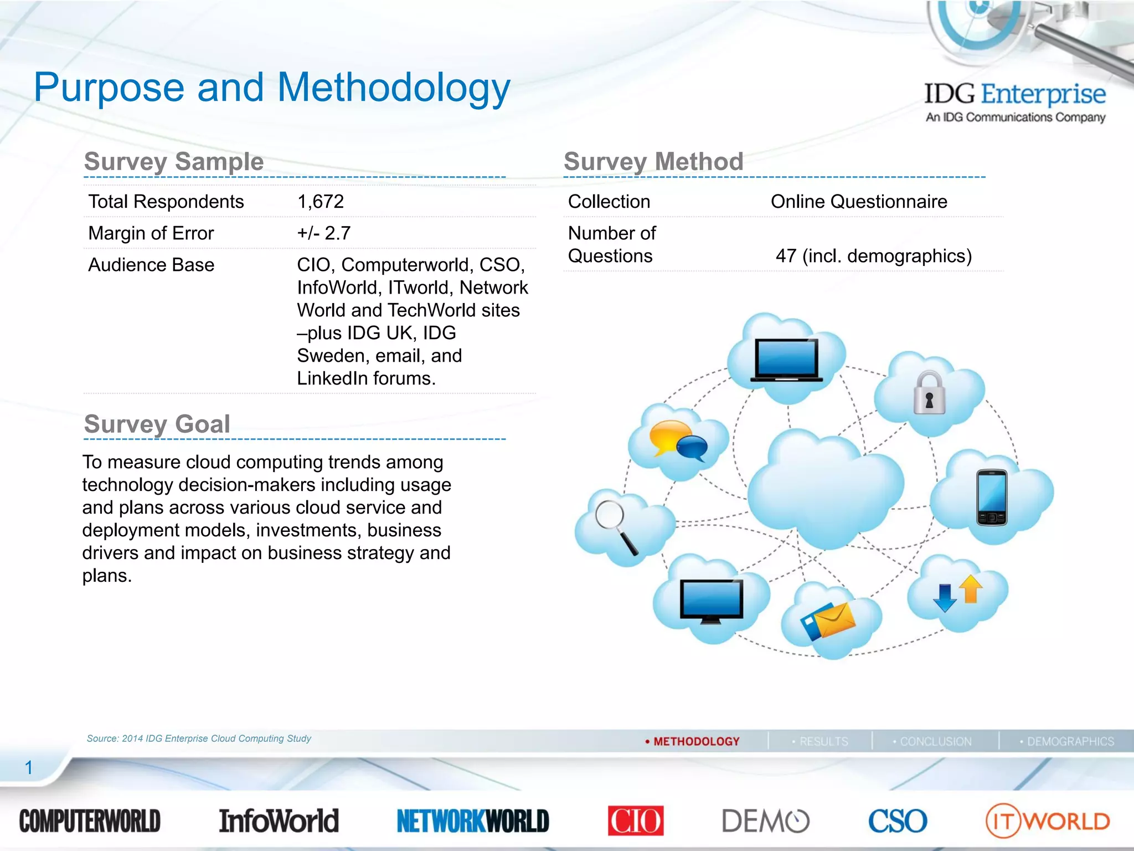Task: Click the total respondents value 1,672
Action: coord(321,202)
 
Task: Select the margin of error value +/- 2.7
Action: coord(324,233)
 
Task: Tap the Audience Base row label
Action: coord(151,265)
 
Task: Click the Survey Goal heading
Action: coord(157,424)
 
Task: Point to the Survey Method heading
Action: coord(653,162)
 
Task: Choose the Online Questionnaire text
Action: coord(859,202)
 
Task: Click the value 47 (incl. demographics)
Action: coord(873,256)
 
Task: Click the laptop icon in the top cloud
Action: coord(786,361)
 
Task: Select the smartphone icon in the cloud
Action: coord(992,497)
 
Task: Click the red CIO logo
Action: coord(636,821)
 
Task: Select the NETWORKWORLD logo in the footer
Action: coord(473,821)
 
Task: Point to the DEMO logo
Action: coord(765,821)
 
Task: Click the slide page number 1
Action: coord(29,768)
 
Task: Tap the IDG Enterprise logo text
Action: coord(1015,94)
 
